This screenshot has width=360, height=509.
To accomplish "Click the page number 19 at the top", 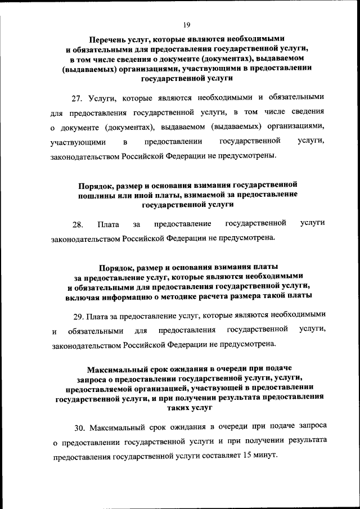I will coord(187,24).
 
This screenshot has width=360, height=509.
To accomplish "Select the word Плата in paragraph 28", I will coord(107,225).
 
